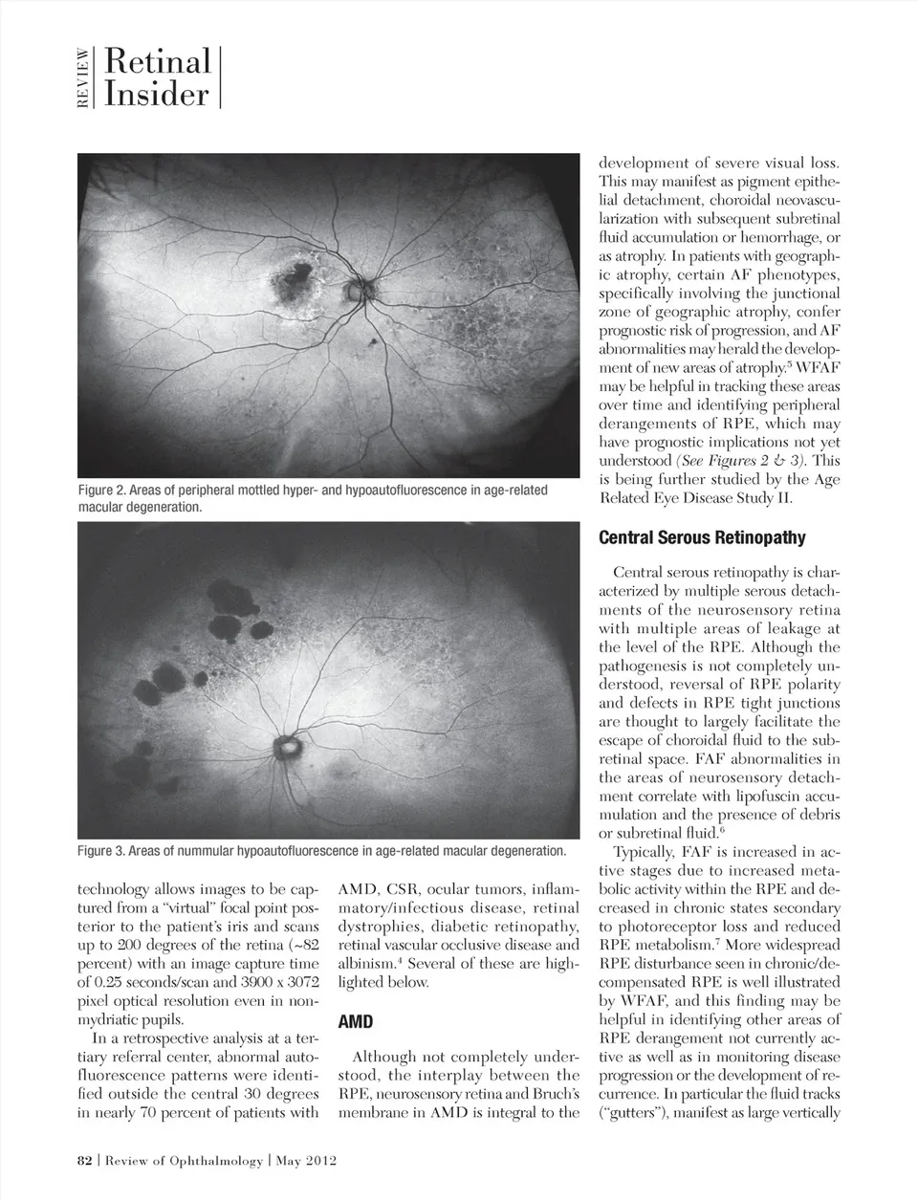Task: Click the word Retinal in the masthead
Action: click(x=158, y=62)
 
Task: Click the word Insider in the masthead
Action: click(x=156, y=95)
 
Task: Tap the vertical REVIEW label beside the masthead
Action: click(x=83, y=78)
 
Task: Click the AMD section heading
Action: click(x=356, y=1021)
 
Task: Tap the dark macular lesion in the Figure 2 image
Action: click(x=295, y=276)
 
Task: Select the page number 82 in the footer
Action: click(x=84, y=1161)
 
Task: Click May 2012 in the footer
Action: click(x=308, y=1161)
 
